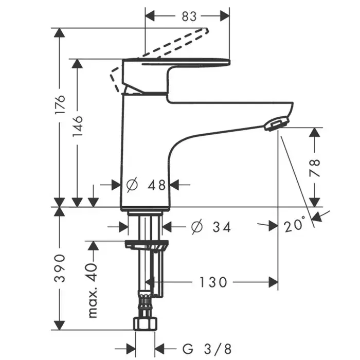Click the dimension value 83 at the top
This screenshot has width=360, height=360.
pos(189,16)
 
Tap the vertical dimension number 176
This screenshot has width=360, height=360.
pos(60,104)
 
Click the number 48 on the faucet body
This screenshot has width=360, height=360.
pos(156,185)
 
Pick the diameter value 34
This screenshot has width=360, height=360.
pos(221,227)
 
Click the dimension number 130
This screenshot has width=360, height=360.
pos(213,282)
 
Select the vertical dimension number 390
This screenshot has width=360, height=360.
pos(60,268)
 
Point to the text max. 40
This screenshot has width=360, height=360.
pos(93,291)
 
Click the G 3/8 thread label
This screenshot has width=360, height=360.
pos(207,349)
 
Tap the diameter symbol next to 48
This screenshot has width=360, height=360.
pos(132,184)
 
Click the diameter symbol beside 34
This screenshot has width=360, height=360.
pos(197,227)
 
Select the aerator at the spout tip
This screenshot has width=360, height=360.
pos(277,123)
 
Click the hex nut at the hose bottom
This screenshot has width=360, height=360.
pos(146,323)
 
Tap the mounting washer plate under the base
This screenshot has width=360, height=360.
pos(147,245)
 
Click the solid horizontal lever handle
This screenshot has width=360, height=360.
pos(176,62)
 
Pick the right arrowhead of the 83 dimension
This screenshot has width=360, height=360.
pos(225,16)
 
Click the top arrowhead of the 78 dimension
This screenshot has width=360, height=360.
pos(315,133)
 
